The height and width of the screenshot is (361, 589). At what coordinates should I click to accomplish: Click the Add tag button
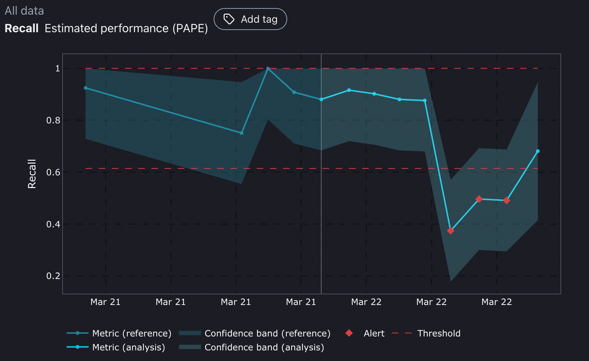(x=250, y=19)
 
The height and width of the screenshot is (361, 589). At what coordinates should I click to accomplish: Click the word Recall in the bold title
(x=22, y=28)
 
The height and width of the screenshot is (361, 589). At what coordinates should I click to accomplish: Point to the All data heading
(x=24, y=11)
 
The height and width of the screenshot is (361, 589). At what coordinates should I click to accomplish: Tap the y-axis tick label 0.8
(x=53, y=120)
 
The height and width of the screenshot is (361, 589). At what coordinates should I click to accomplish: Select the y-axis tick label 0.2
(x=53, y=276)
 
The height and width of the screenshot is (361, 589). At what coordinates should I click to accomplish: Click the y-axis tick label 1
(x=57, y=68)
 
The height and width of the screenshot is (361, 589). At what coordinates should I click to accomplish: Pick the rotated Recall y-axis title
(x=32, y=174)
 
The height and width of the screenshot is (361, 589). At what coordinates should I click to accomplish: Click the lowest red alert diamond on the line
(x=451, y=231)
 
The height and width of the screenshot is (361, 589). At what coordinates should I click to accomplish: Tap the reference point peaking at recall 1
(x=268, y=68)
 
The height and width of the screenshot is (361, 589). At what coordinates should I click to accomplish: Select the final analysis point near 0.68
(x=538, y=151)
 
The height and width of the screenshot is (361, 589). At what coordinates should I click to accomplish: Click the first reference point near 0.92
(x=86, y=88)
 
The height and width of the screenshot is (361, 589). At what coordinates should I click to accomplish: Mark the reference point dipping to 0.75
(x=241, y=133)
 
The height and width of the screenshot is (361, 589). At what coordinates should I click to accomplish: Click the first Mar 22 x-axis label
(x=366, y=302)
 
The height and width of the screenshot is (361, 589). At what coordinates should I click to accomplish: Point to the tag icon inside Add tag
(x=229, y=19)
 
